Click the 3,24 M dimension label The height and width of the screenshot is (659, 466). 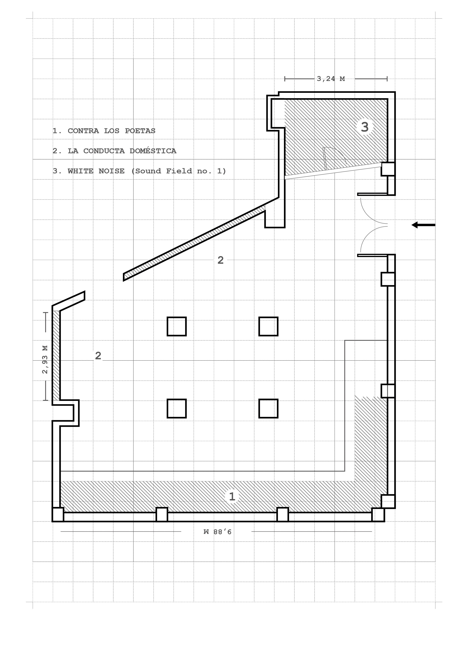point(331,79)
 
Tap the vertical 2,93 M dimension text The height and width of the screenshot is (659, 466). point(45,359)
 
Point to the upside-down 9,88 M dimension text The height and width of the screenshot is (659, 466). point(217,532)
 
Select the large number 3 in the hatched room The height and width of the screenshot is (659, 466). point(365,127)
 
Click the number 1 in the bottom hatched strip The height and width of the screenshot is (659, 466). point(232,496)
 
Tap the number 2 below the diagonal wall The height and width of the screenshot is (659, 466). point(221,260)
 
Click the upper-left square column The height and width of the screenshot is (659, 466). point(177,326)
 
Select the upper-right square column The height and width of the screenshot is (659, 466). point(269,326)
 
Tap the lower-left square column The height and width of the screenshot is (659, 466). point(177,408)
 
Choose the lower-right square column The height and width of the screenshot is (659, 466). point(269,408)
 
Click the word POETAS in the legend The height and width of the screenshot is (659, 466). point(140,131)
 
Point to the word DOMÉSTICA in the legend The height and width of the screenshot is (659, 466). point(153,150)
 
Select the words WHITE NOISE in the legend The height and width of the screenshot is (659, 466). point(96,171)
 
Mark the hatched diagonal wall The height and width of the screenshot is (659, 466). point(194,242)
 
